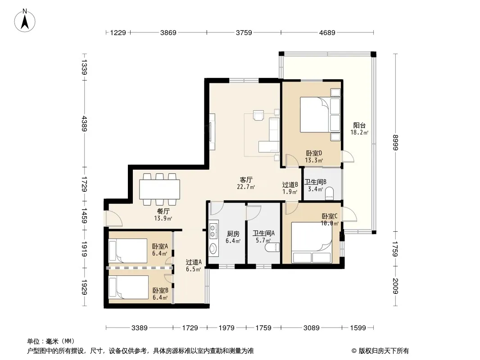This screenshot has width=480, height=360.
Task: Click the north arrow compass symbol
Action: [x=25, y=20]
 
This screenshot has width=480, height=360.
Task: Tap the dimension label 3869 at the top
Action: [x=168, y=33]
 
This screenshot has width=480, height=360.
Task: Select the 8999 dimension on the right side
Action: [x=395, y=143]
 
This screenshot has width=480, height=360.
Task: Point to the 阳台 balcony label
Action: [x=359, y=125]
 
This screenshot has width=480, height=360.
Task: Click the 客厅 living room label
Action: [x=246, y=180]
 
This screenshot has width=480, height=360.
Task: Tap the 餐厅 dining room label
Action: [x=163, y=211]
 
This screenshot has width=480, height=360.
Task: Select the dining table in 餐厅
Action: [x=159, y=189]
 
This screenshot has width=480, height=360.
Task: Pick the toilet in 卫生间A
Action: [x=272, y=247]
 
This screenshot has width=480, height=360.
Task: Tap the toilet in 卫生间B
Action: [x=330, y=193]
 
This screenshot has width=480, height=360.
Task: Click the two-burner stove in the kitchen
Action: [x=213, y=230]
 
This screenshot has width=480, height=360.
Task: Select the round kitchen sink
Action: [x=213, y=248]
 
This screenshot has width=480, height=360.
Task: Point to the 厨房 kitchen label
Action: [x=233, y=234]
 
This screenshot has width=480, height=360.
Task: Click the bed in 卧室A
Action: [x=128, y=251]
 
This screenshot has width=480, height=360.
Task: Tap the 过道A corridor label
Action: [x=194, y=262]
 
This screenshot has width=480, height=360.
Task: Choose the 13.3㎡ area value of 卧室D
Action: [x=314, y=160]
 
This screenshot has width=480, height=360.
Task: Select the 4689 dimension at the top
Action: [x=327, y=33]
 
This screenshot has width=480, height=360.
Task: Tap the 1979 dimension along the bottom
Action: [x=226, y=328]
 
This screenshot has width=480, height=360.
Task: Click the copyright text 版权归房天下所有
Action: [x=384, y=351]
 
